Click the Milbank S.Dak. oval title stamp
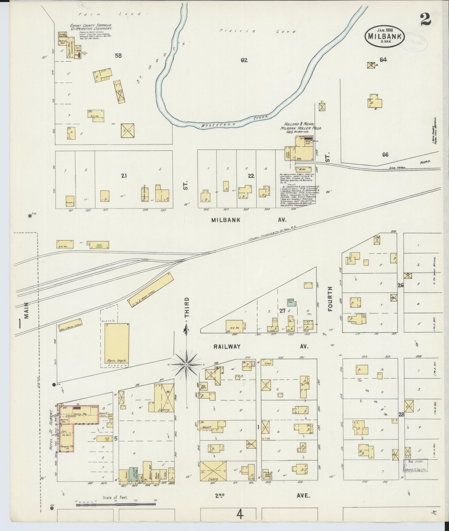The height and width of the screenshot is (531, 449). [x=385, y=36]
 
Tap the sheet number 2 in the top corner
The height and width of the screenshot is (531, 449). [x=426, y=19]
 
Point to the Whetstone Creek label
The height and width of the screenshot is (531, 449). [x=234, y=121]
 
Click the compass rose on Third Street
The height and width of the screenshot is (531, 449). [x=186, y=365]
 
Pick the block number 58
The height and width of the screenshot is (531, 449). [x=118, y=56]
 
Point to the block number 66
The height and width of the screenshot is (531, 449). [x=385, y=155]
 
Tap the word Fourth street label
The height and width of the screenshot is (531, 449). [x=331, y=299]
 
